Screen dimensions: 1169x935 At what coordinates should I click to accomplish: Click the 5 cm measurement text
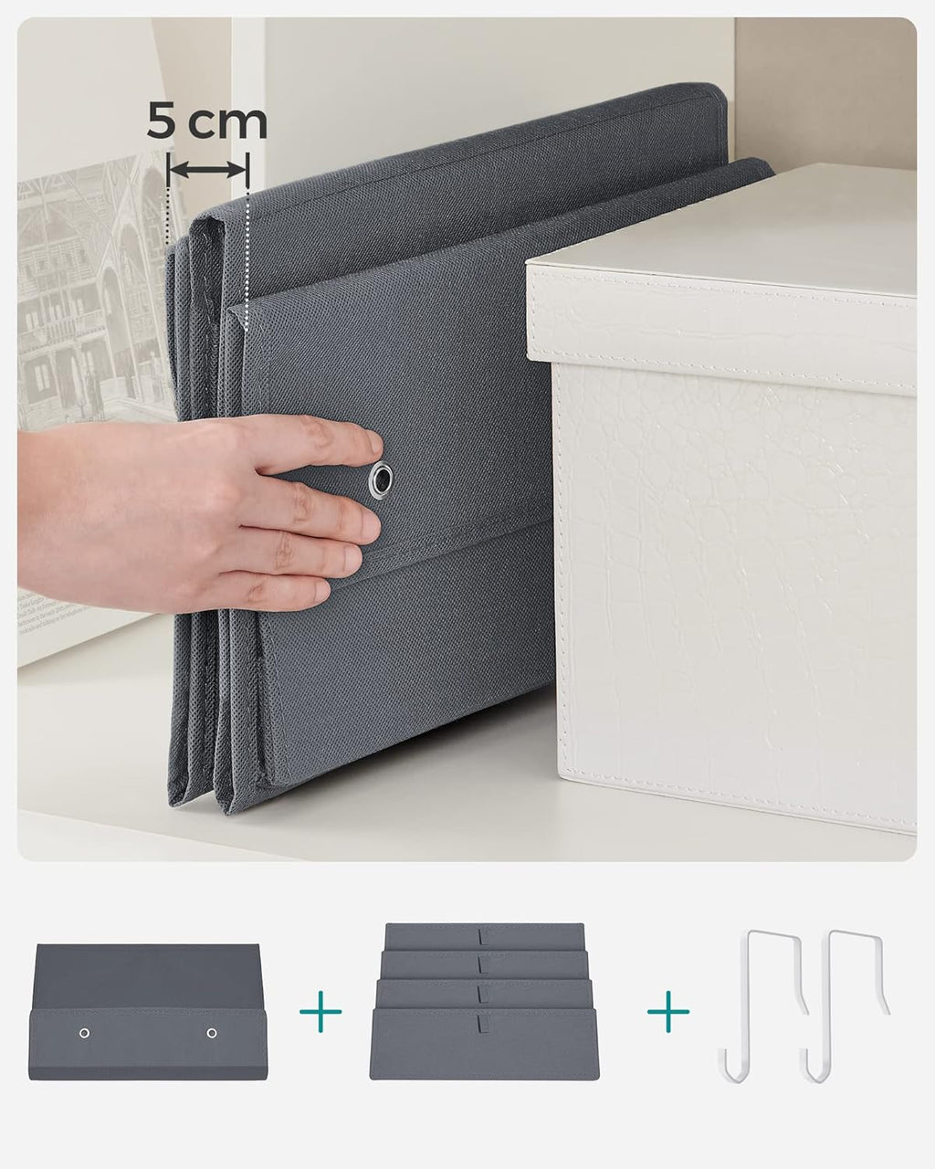pyautogui.click(x=207, y=122)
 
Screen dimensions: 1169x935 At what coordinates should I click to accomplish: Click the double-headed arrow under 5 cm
pyautogui.click(x=208, y=169)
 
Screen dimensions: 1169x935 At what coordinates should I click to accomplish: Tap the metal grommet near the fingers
pyautogui.click(x=381, y=480)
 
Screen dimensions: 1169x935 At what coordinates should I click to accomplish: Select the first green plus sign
pyautogui.click(x=320, y=1012)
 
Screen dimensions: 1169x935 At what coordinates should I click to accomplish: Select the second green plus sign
pyautogui.click(x=668, y=1012)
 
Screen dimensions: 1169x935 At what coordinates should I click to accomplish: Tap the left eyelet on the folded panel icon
pyautogui.click(x=84, y=1033)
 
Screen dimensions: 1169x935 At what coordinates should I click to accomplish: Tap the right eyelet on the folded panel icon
pyautogui.click(x=212, y=1033)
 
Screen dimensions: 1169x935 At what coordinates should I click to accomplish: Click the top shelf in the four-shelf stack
pyautogui.click(x=484, y=935)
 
